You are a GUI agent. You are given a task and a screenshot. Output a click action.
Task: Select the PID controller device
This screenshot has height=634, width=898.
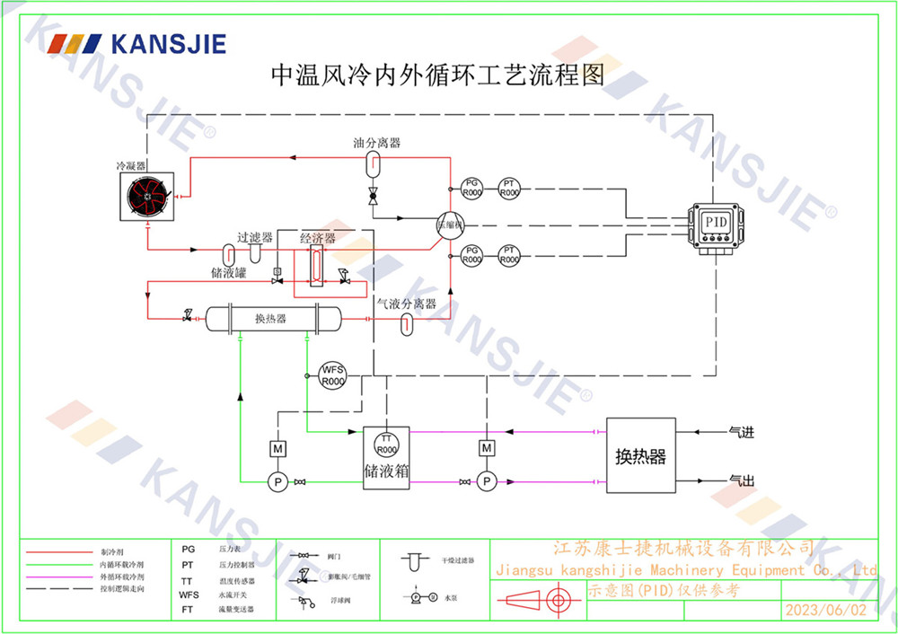[x=715, y=225]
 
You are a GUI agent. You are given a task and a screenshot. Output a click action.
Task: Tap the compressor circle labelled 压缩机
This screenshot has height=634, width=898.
[x=448, y=225]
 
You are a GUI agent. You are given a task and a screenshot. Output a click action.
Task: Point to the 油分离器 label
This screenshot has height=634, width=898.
[x=376, y=144]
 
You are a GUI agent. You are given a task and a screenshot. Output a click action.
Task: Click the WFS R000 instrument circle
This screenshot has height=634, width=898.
[x=332, y=375]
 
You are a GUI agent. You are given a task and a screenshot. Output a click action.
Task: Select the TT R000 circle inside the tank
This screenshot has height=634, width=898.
[x=386, y=444]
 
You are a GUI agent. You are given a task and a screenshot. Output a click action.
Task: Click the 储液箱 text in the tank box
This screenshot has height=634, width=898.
[x=386, y=470]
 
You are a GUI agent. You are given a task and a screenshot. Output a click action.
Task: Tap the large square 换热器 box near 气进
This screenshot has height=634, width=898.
[x=640, y=455]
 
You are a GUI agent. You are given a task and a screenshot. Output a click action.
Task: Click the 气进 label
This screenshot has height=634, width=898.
[x=741, y=433]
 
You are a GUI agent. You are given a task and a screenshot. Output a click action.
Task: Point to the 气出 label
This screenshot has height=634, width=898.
[x=741, y=480]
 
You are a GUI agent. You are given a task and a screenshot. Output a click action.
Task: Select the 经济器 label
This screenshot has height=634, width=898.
[x=318, y=239]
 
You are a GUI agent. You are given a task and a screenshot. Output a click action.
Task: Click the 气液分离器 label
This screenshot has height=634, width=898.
[x=406, y=304]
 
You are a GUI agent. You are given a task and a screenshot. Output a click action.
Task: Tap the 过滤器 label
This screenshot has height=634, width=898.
[x=254, y=238]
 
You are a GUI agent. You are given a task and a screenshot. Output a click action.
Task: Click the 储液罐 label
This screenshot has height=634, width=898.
[x=228, y=272]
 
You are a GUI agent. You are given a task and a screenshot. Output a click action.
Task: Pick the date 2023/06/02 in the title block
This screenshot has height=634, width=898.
[x=826, y=611]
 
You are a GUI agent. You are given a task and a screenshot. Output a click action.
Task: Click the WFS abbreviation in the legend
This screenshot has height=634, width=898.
[x=189, y=594]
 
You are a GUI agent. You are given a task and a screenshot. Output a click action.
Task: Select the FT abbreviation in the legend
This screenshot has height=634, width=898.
[x=187, y=609]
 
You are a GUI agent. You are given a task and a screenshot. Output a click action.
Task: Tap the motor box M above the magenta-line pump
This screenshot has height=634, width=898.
[x=486, y=447]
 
